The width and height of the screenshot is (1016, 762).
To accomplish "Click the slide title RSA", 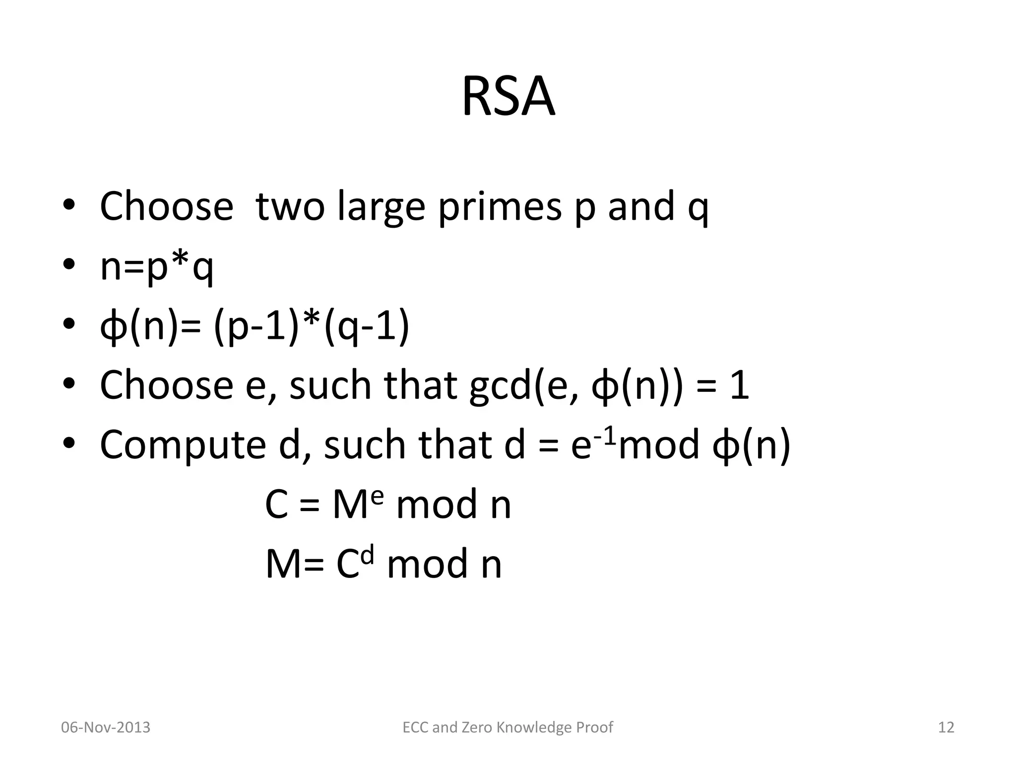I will [x=508, y=97].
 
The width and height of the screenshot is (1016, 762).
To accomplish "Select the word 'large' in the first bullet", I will [x=381, y=207].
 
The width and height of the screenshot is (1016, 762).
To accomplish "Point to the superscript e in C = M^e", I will [x=377, y=497].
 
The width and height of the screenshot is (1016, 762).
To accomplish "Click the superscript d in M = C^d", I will [x=367, y=557].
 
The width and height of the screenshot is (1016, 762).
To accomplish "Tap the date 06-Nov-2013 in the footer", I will [x=105, y=727].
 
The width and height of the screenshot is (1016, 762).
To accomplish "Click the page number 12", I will [x=946, y=727].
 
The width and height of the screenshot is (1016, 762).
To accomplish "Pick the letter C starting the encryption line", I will [x=276, y=505].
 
